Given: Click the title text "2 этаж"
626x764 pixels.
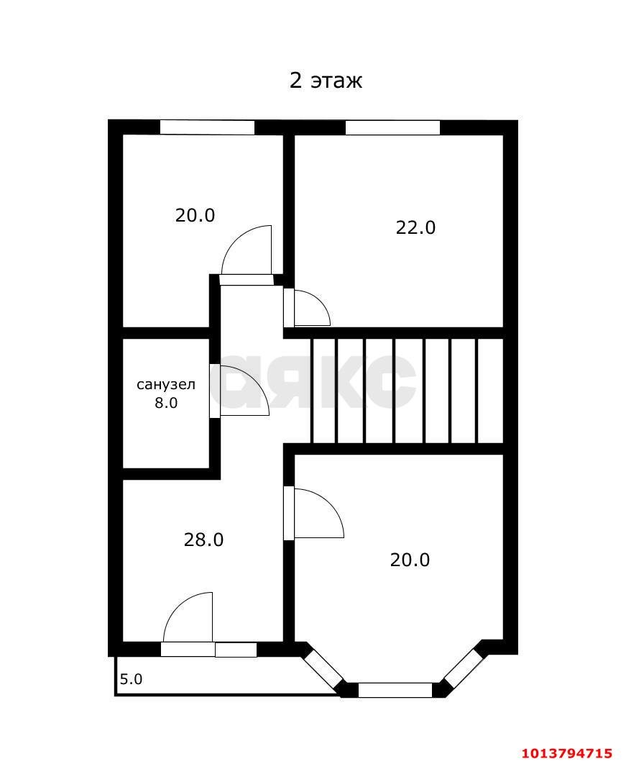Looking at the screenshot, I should [326, 80].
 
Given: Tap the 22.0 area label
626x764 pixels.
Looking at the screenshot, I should [415, 227].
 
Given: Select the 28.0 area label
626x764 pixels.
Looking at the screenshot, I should [203, 539].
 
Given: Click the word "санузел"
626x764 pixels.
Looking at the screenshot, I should [166, 384].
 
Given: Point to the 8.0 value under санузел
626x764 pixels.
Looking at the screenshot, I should [166, 403].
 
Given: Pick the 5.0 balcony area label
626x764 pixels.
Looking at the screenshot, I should [131, 678].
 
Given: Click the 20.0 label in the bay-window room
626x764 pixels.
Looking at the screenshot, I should [410, 559].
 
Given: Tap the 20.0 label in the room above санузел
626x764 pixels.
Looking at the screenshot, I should [195, 214].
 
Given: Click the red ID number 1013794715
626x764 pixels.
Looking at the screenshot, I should [566, 753].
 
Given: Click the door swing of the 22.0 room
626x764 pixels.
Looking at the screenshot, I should [309, 309].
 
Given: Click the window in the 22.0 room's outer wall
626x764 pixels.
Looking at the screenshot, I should [392, 127].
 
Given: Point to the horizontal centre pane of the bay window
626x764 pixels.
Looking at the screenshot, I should [395, 690].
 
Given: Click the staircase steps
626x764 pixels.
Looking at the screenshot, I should [406, 391].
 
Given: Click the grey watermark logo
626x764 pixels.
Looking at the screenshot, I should [316, 381].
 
